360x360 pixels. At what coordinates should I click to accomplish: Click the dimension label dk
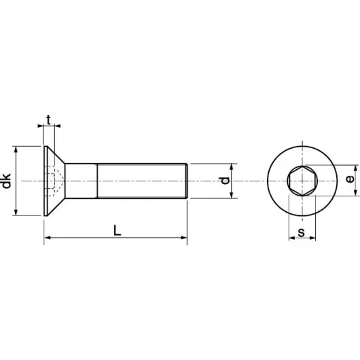6,181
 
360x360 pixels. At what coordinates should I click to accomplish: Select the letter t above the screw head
48,120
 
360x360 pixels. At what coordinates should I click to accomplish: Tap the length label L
117,230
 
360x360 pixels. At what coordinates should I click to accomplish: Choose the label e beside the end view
350,179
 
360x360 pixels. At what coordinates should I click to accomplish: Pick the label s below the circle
301,232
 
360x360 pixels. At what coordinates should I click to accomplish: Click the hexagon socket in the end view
302,181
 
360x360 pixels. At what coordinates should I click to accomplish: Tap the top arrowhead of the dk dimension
16,149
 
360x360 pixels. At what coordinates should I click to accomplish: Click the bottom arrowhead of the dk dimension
16,213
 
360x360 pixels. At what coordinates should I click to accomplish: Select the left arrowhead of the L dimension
47,238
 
